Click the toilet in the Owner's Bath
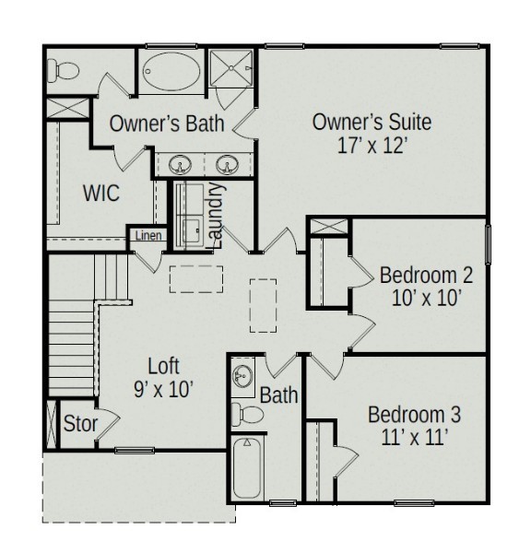64,70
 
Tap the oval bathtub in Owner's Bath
171,72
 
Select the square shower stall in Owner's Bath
231,68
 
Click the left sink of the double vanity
180,164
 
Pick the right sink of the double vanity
227,164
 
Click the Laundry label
216,216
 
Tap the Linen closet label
148,236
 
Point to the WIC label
101,193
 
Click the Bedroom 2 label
426,276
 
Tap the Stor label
80,424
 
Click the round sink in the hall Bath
242,376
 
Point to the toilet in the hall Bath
247,413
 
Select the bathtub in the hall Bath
247,467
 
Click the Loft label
163,366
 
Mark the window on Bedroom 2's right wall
488,244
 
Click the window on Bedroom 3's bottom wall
414,503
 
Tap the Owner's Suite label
372,122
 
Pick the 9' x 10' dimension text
163,390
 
